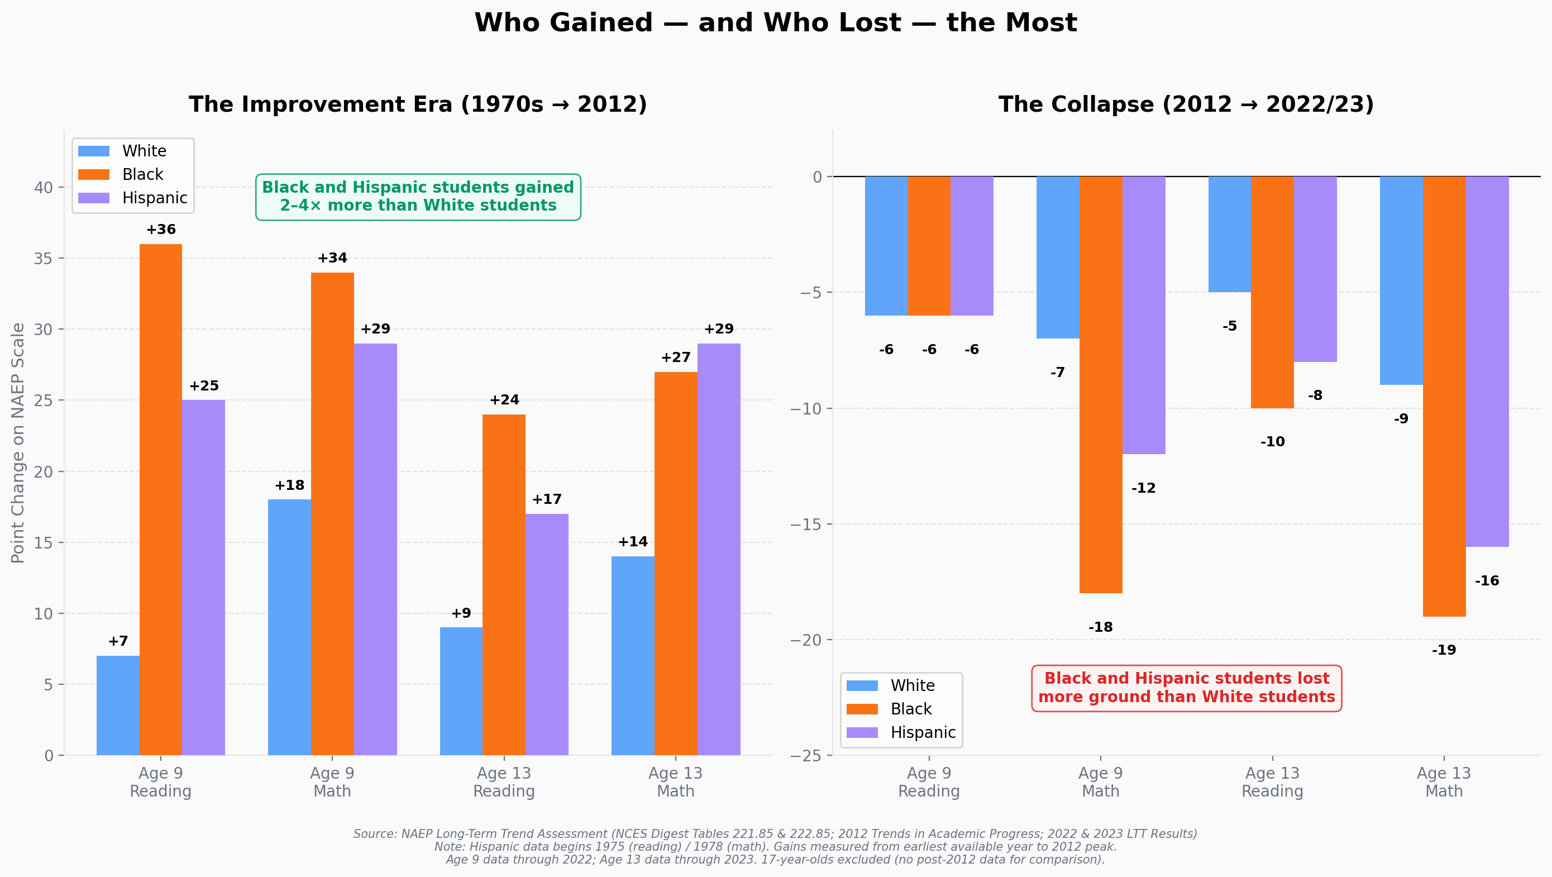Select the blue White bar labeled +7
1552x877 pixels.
tap(117, 705)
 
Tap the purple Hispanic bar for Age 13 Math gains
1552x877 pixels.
tap(719, 549)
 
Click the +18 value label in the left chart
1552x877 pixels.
tap(289, 485)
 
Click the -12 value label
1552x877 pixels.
tap(1143, 488)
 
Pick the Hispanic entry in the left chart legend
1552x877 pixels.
tap(154, 198)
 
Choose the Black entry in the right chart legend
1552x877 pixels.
tap(910, 709)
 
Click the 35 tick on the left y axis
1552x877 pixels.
tap(44, 259)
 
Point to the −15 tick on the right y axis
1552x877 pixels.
tap(805, 524)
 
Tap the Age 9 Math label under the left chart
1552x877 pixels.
tap(332, 782)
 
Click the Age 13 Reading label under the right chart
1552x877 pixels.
tap(1272, 782)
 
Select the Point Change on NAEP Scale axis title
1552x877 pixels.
tap(18, 442)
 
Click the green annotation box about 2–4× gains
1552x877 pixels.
tap(418, 197)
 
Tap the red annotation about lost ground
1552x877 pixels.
tap(1186, 688)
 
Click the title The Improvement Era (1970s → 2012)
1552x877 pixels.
tap(418, 104)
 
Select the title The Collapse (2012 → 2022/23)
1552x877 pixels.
tap(1186, 104)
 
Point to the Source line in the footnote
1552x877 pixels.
tap(775, 833)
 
